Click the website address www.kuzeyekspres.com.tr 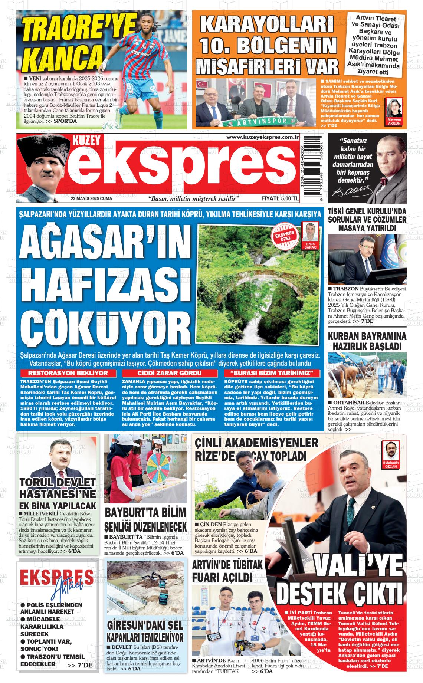point(263,138)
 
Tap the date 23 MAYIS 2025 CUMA point(92,198)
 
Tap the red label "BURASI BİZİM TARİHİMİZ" point(272,373)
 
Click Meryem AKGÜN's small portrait point(394,109)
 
